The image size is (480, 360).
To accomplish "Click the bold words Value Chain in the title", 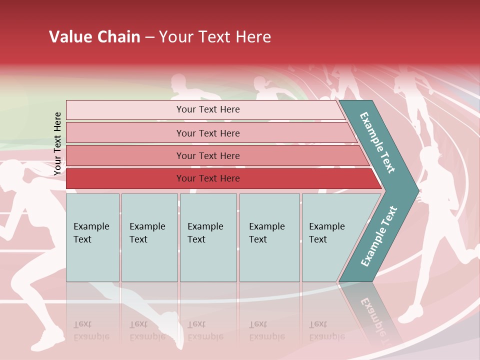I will [94, 37].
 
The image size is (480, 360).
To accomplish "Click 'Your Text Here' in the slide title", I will [215, 37].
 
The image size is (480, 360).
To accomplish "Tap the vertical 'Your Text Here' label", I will [57, 143].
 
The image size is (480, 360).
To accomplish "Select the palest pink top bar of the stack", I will [207, 109].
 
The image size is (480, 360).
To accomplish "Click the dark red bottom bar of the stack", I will [207, 178].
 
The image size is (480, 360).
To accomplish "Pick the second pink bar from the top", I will [207, 133].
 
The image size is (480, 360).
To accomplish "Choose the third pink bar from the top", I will [207, 155].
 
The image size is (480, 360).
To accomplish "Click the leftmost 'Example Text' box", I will [92, 237].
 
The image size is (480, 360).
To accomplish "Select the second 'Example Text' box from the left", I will [149, 237].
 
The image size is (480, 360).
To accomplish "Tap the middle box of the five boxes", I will [208, 237].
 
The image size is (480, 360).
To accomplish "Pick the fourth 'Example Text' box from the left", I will [269, 237].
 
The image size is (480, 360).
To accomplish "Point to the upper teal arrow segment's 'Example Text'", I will [378, 142].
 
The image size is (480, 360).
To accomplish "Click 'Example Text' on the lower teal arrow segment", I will [379, 236].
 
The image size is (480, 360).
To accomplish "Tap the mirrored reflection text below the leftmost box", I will [91, 330].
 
